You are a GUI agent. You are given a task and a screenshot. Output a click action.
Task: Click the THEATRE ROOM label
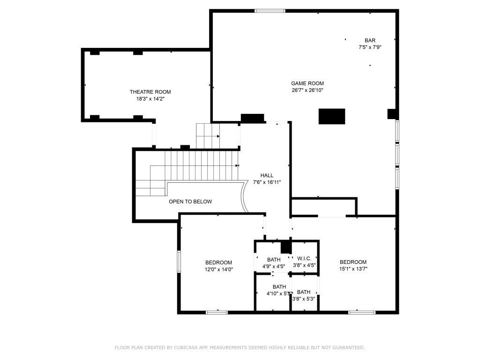[150, 92]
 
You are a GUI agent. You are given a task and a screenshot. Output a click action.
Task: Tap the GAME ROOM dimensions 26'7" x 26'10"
[307, 90]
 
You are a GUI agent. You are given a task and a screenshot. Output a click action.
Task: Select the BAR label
[370, 40]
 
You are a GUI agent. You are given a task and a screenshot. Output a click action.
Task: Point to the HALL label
[267, 175]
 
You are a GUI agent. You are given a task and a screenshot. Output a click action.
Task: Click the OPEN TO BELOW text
[190, 202]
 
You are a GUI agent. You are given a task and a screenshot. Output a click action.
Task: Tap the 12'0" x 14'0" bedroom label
[218, 269]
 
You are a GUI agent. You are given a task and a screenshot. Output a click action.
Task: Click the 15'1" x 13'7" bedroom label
[353, 269]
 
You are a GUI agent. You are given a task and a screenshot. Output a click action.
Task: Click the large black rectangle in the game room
[332, 116]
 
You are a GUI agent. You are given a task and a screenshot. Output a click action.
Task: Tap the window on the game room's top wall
[270, 10]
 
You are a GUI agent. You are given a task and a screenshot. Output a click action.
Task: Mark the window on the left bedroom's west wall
[179, 261]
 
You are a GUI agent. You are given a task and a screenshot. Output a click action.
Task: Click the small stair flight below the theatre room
[208, 135]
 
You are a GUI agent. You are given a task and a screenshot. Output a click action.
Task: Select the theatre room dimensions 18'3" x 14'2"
[150, 99]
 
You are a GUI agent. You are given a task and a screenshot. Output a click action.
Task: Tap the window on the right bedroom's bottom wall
[362, 312]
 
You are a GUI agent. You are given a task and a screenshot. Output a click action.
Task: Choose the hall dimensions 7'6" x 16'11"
[267, 182]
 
